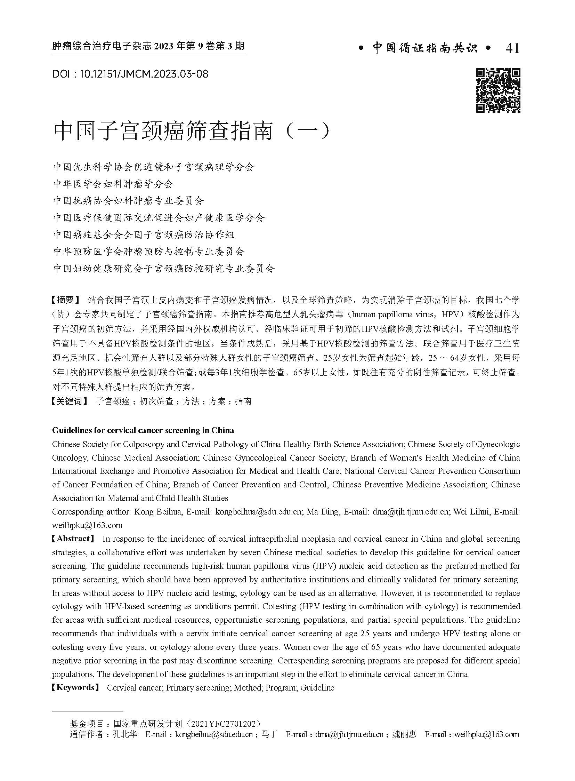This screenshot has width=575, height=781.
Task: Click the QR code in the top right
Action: (x=498, y=90)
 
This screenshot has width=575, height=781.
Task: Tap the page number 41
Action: (x=512, y=48)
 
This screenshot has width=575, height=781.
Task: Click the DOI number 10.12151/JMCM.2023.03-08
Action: (x=144, y=74)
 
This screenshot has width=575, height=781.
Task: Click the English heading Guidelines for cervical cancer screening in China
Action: (x=143, y=430)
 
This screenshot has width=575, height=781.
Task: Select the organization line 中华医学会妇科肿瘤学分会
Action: (x=113, y=184)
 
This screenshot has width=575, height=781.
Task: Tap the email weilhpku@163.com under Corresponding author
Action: (x=87, y=525)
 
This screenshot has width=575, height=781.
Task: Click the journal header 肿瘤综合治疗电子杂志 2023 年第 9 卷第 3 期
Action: (x=148, y=46)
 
